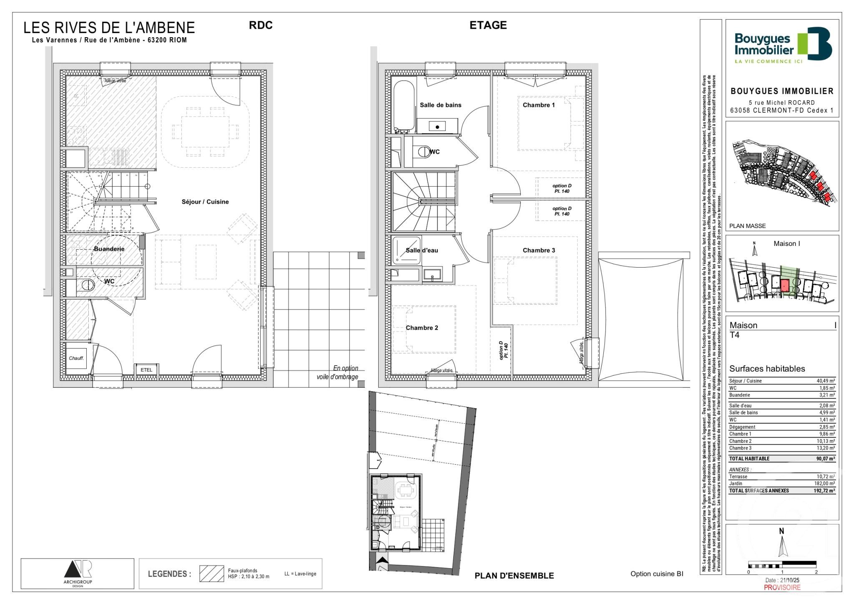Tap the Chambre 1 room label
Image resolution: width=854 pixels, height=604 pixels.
pyautogui.click(x=539, y=105)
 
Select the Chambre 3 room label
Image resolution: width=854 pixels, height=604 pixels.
pyautogui.click(x=539, y=250)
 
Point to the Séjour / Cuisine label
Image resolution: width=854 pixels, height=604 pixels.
pyautogui.click(x=205, y=202)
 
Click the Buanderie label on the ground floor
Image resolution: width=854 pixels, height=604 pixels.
pyautogui.click(x=109, y=249)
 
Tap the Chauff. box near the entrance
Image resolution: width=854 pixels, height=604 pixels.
pyautogui.click(x=76, y=358)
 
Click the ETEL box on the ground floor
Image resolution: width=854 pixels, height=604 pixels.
pyautogui.click(x=146, y=370)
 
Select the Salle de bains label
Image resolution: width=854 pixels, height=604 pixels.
pyautogui.click(x=440, y=105)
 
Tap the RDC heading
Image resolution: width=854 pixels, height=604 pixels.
pyautogui.click(x=261, y=25)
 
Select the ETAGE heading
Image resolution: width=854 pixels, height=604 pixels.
pyautogui.click(x=488, y=25)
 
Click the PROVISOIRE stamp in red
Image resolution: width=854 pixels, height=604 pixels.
pyautogui.click(x=782, y=587)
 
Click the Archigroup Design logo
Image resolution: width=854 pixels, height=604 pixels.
pyautogui.click(x=78, y=574)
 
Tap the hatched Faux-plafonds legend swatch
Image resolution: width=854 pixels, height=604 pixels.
pyautogui.click(x=211, y=574)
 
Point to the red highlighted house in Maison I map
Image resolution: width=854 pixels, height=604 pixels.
pyautogui.click(x=784, y=286)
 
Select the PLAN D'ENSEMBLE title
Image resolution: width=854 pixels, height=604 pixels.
pyautogui.click(x=514, y=576)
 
